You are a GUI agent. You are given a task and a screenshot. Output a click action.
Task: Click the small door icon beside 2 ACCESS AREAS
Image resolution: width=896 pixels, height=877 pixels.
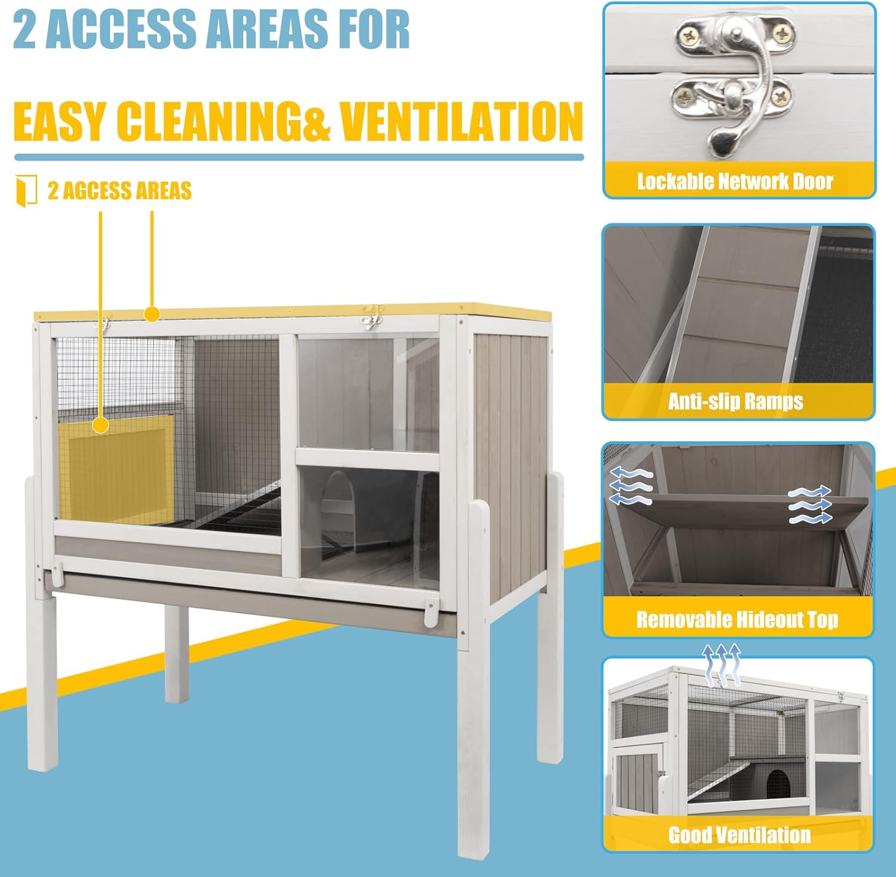coord(26,191)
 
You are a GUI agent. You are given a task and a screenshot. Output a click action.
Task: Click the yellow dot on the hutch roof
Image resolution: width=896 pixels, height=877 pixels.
coord(152,313)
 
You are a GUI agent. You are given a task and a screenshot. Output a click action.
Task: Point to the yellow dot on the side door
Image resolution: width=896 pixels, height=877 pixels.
coord(100,425)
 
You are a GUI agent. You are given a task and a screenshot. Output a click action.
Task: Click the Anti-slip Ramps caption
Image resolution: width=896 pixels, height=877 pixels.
coord(735,401)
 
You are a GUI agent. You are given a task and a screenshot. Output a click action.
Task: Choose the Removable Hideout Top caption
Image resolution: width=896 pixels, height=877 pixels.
coord(737,619)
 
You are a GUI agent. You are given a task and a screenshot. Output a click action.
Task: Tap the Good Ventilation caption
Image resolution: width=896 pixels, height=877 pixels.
coord(739,835)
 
